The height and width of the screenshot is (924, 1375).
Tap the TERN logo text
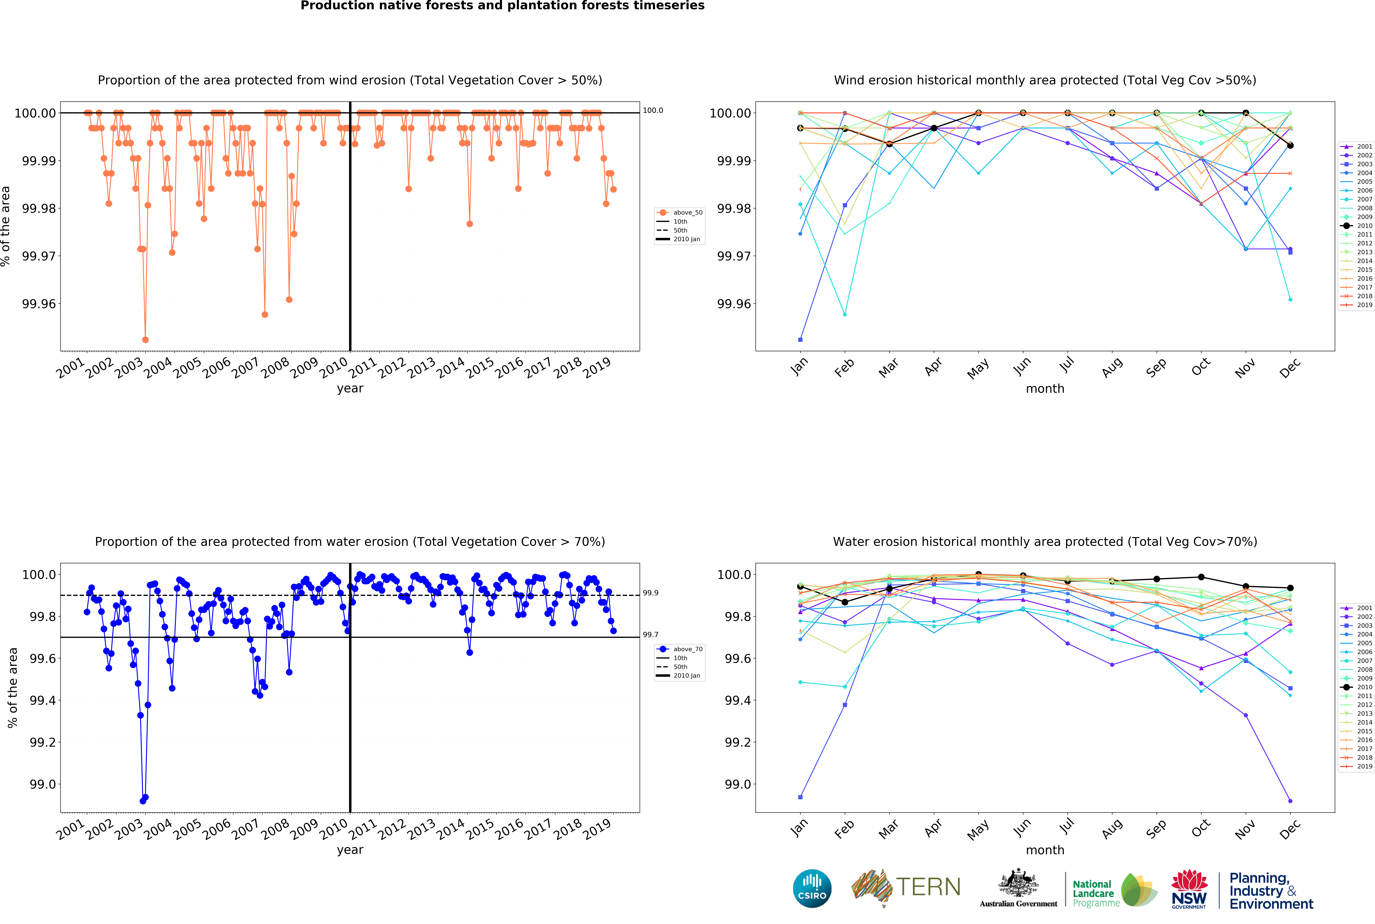[928, 887]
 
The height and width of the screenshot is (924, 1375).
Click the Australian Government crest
[1018, 884]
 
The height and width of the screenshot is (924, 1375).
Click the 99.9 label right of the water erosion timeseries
[650, 593]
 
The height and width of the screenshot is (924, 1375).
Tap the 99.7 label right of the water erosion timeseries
[650, 635]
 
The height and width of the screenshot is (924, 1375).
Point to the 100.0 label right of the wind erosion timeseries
[653, 110]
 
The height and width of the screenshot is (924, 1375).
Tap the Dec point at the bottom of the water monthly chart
[1290, 801]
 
